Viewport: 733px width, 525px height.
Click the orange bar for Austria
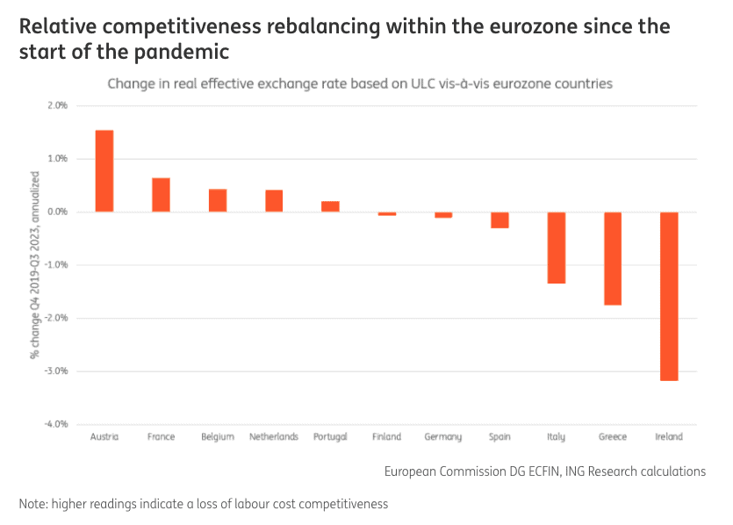[104, 171]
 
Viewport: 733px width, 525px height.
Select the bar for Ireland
[669, 296]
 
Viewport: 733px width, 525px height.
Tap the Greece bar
[613, 258]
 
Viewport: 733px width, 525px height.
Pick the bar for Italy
[557, 248]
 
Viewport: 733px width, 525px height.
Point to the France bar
[161, 195]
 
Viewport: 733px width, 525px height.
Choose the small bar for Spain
[499, 220]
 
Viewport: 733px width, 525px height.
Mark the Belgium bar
[218, 200]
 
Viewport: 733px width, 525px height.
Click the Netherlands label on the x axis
[274, 436]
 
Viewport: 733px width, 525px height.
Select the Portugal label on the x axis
[330, 436]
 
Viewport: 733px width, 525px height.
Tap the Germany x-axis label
[443, 436]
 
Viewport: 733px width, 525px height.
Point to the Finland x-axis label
[386, 436]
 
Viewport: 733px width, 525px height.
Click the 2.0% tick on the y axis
[56, 105]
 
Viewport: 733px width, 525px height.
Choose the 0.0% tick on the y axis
[56, 212]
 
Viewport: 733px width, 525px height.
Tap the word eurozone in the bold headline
[546, 25]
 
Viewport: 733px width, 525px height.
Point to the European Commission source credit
[544, 471]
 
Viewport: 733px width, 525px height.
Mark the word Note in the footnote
[32, 504]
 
